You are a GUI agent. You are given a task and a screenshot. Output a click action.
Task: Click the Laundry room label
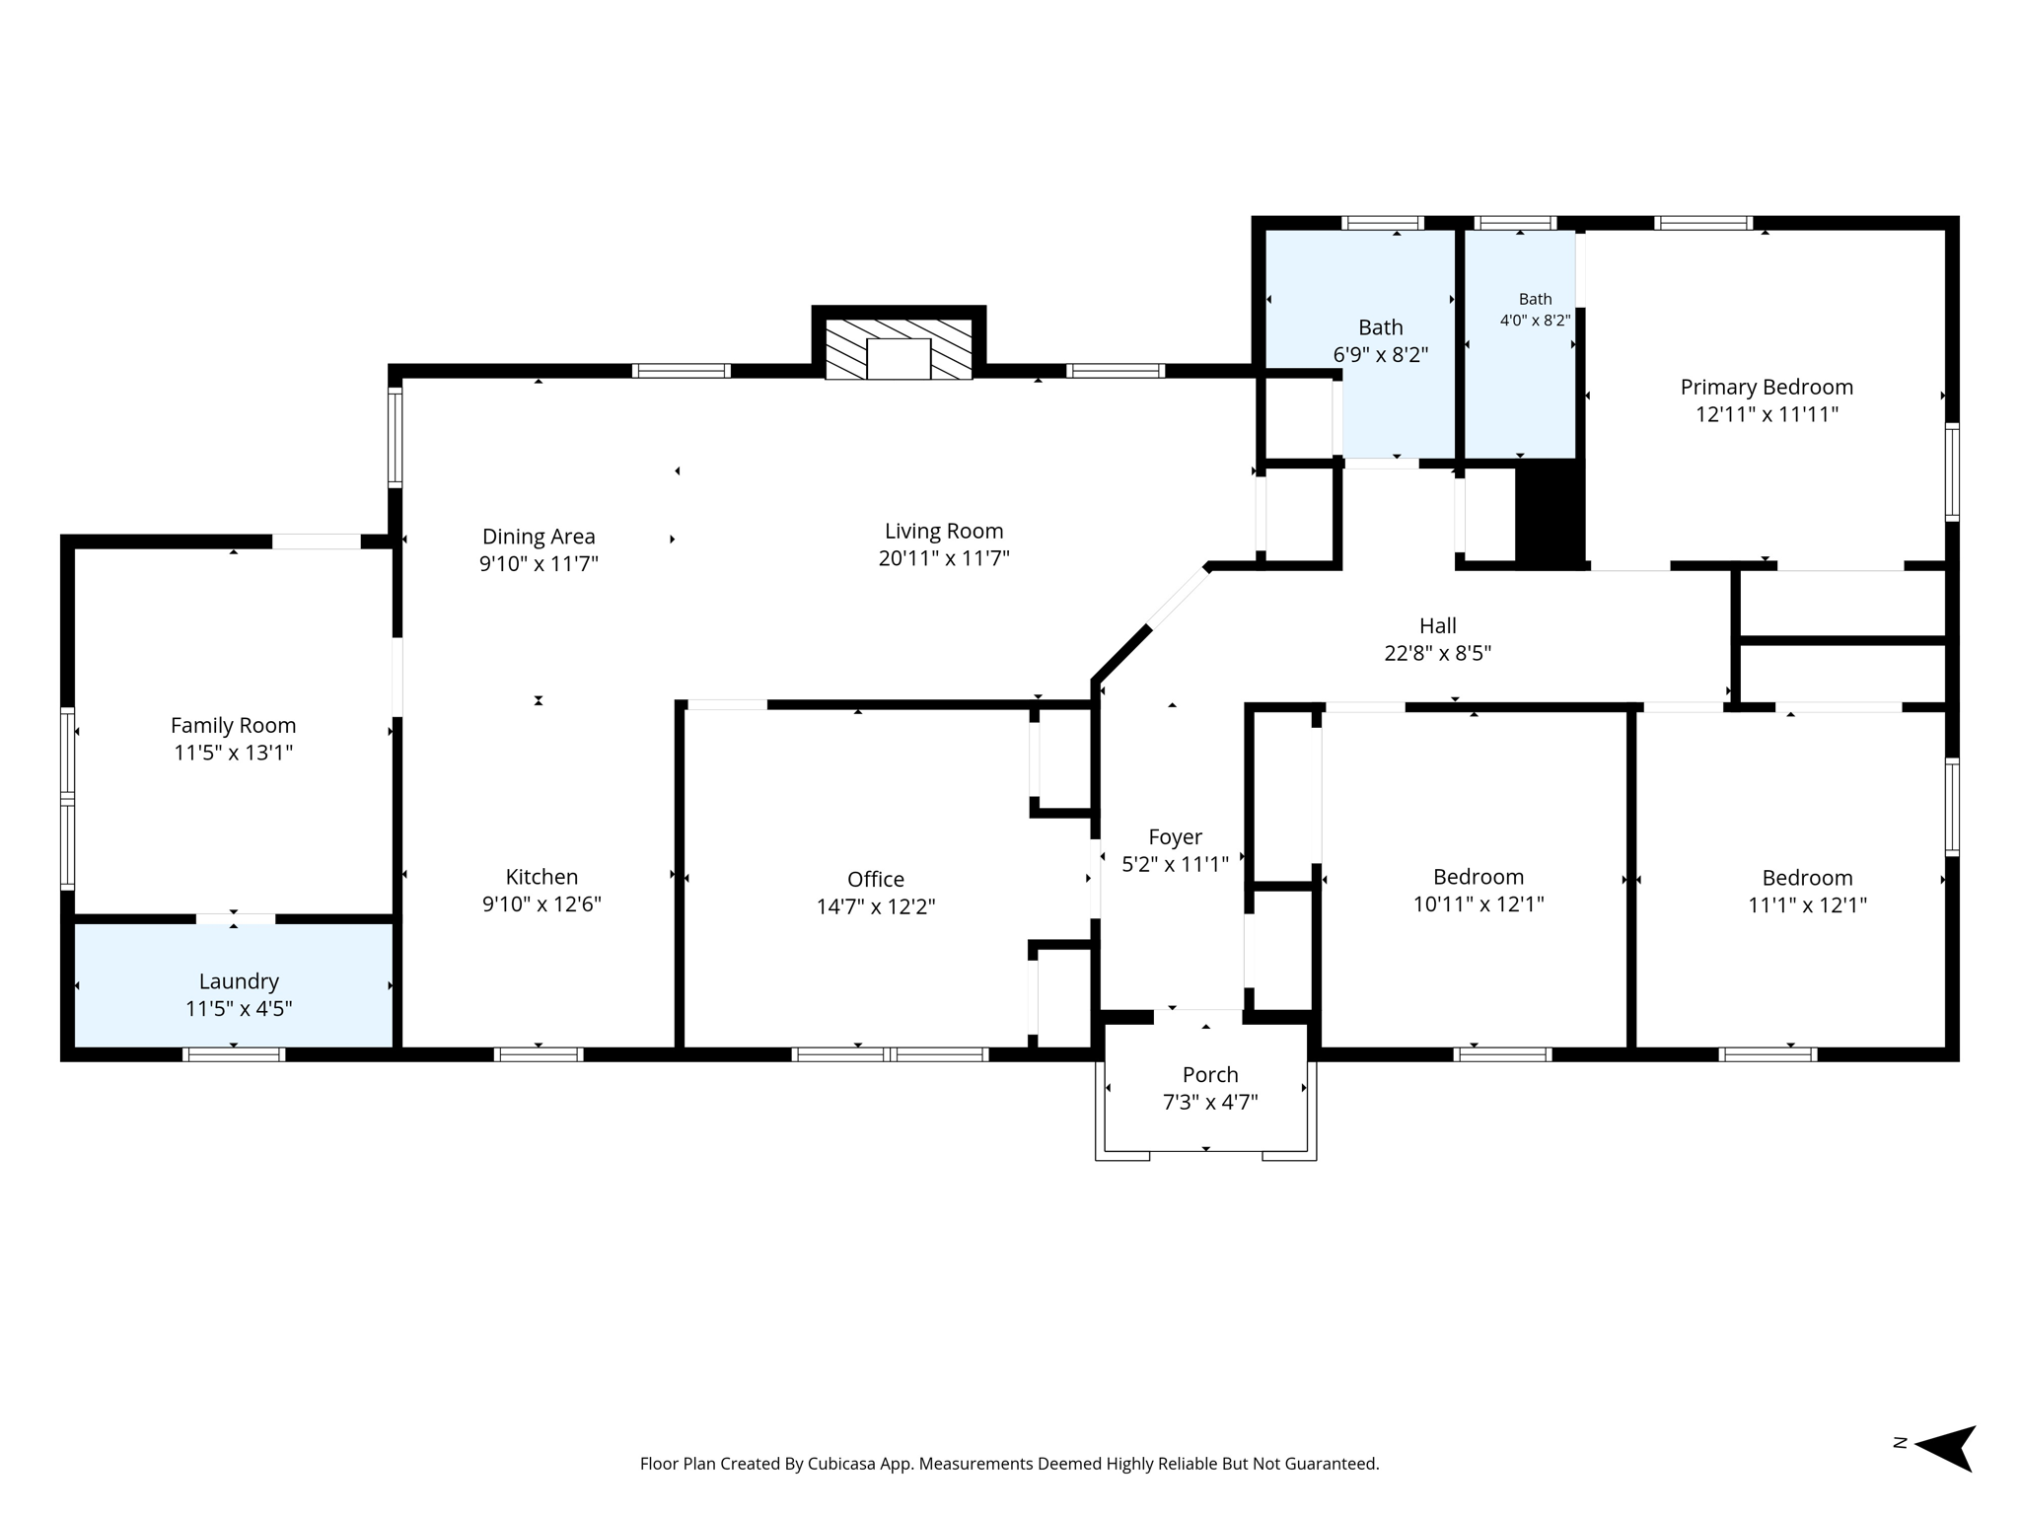pos(239,981)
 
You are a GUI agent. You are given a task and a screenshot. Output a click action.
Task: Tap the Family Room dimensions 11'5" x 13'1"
pos(234,753)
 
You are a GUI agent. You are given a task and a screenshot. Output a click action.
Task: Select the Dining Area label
pos(539,537)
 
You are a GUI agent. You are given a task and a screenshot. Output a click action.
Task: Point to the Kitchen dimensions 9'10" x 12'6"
pos(541,903)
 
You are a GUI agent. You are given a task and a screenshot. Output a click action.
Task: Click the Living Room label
pos(944,532)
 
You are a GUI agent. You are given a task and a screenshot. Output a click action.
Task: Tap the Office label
pos(876,879)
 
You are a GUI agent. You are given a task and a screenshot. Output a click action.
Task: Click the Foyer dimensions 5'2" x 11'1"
pos(1176,864)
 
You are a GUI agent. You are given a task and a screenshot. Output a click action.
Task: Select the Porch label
pos(1210,1075)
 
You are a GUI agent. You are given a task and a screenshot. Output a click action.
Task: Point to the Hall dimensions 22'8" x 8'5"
pos(1438,653)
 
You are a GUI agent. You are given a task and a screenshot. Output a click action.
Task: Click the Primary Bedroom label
pos(1767,387)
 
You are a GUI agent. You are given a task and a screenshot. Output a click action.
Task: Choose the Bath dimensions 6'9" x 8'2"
pos(1381,355)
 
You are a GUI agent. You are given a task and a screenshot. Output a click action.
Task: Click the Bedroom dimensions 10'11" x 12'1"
pos(1479,903)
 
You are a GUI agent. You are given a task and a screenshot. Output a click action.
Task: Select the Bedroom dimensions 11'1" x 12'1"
pos(1808,904)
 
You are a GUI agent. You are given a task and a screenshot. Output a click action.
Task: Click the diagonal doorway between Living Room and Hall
pos(1179,599)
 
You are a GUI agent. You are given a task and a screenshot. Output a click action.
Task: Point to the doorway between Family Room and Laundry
pos(235,919)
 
